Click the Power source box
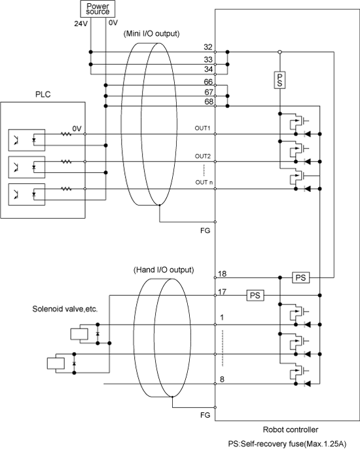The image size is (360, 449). [x=98, y=9]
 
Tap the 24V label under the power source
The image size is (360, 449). [x=81, y=24]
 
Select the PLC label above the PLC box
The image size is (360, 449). [x=43, y=94]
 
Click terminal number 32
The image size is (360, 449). [x=208, y=47]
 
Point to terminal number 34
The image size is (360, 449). [x=208, y=69]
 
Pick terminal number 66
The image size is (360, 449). [x=208, y=82]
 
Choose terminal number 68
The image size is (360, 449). [x=209, y=101]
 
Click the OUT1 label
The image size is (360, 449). [x=202, y=128]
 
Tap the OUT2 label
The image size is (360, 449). [x=202, y=156]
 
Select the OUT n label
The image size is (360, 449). [x=204, y=183]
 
